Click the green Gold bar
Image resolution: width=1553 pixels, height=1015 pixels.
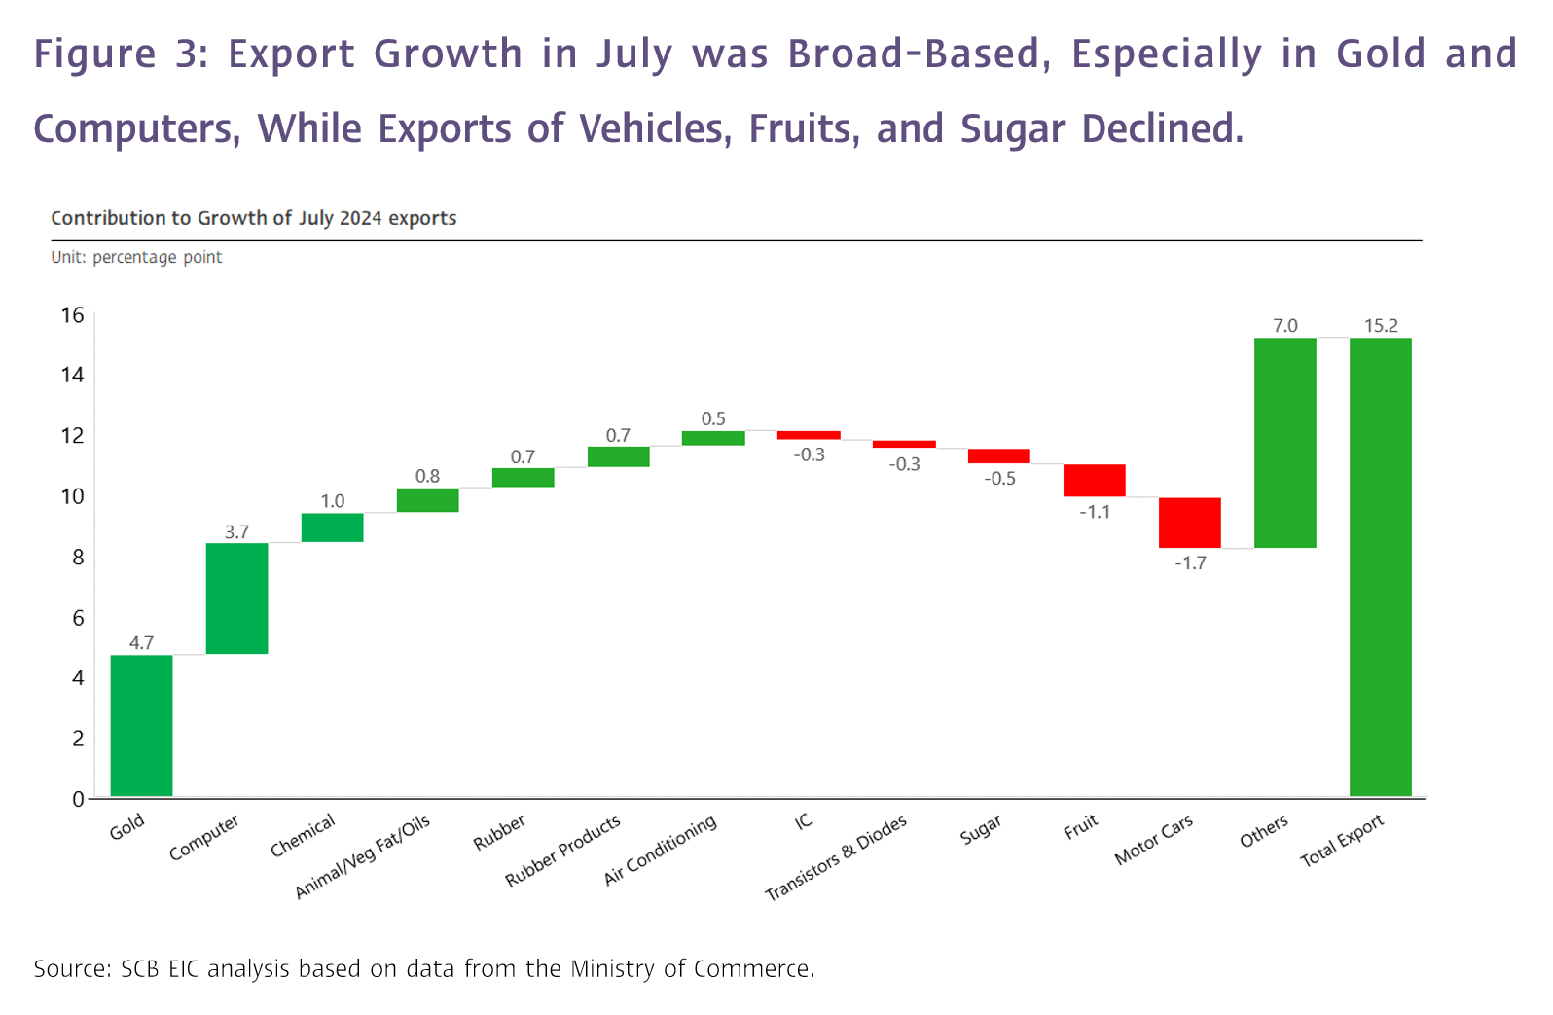[141, 725]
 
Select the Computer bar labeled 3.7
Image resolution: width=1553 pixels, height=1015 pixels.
[236, 598]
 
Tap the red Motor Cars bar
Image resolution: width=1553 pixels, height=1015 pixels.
[1189, 523]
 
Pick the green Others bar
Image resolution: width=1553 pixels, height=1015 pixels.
[1284, 443]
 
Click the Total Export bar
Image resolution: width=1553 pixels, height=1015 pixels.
[1380, 566]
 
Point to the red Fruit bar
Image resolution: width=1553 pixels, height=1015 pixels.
[1094, 480]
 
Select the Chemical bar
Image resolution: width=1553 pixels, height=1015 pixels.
[332, 527]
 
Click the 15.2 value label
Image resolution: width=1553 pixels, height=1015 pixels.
[1380, 326]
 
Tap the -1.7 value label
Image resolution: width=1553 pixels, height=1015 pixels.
[1189, 563]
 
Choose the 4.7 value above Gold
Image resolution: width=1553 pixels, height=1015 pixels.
[141, 642]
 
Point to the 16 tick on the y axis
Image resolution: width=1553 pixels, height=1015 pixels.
[73, 315]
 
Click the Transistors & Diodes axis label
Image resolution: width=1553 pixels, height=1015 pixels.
[836, 857]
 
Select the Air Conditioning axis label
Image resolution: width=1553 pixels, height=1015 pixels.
[660, 850]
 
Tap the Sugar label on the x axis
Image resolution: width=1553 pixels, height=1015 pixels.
[980, 830]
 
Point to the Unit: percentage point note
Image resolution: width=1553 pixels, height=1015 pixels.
[136, 257]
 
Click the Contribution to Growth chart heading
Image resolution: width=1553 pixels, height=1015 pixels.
[253, 218]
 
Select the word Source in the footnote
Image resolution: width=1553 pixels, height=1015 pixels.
[71, 969]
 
